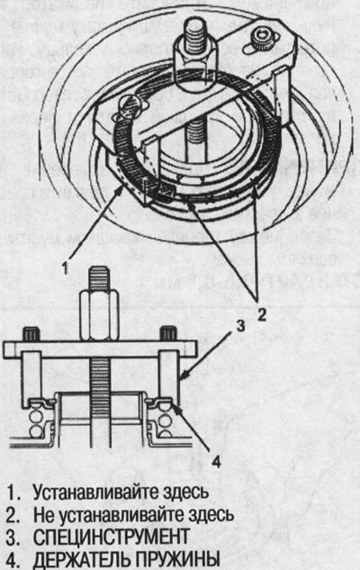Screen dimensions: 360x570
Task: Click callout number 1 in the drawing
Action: pos(65,268)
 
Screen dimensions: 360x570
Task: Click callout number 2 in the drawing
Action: pos(262,313)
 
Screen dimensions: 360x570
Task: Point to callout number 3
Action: pos(240,326)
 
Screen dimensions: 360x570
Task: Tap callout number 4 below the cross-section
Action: pos(216,463)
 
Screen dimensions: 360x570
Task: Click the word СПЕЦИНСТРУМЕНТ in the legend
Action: pos(112,537)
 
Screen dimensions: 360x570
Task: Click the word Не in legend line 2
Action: pos(43,514)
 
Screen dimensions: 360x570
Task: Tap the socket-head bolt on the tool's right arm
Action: pos(262,36)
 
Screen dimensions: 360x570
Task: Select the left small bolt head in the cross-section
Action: pos(31,334)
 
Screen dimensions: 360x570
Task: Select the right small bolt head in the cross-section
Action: pos(168,333)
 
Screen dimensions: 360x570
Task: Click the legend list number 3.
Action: pos(13,537)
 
